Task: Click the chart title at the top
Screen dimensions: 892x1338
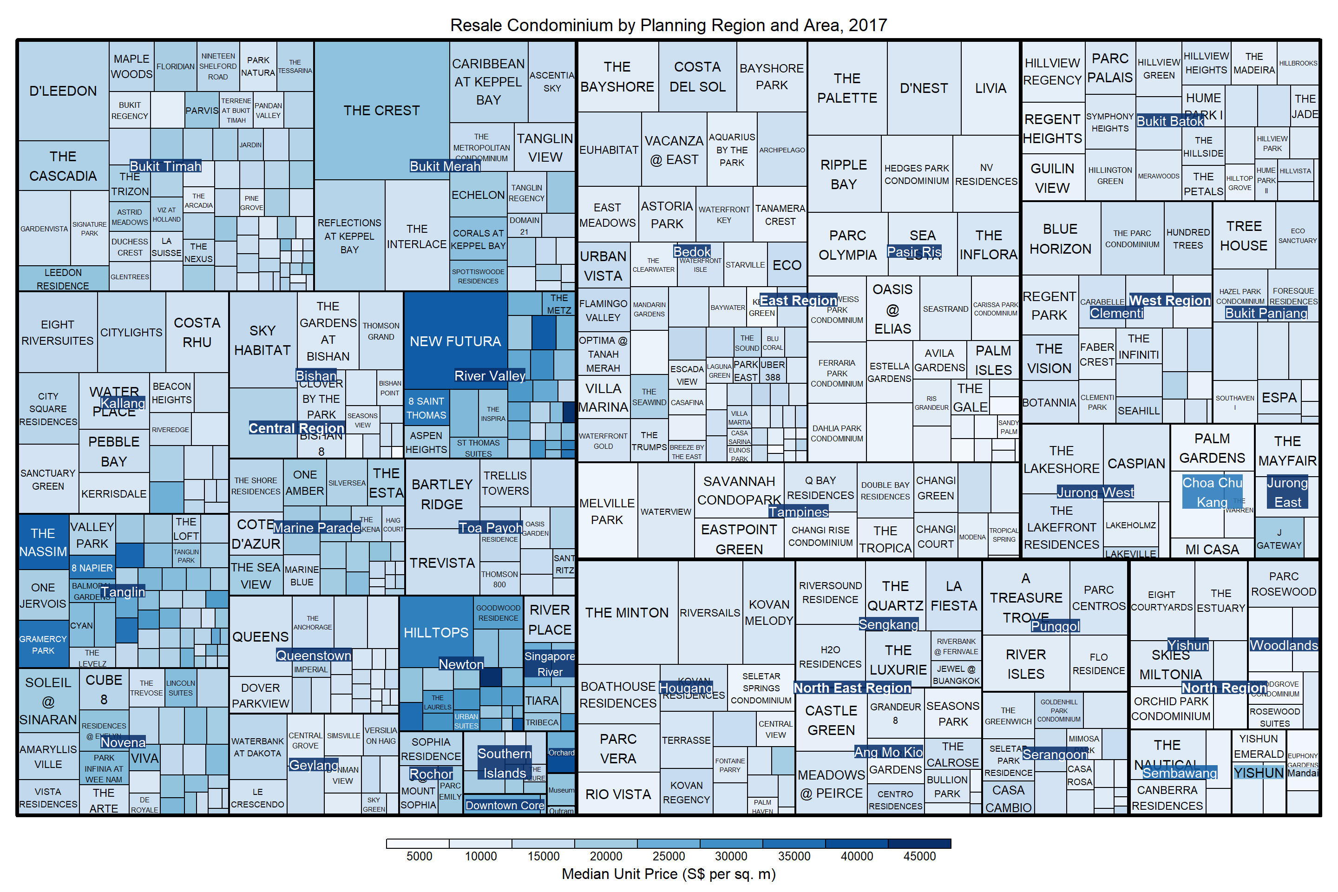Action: pyautogui.click(x=669, y=25)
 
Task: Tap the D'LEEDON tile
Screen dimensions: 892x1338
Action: pyautogui.click(x=63, y=91)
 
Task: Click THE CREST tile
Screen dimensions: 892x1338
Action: pyautogui.click(x=382, y=111)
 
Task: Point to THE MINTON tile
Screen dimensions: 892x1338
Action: pyautogui.click(x=627, y=612)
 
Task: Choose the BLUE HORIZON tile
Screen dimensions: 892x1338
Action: pyautogui.click(x=1060, y=238)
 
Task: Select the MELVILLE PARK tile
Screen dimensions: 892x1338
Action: pyautogui.click(x=607, y=511)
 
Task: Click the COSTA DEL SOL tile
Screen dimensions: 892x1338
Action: pyautogui.click(x=697, y=76)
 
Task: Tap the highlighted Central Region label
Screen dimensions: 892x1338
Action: pyautogui.click(x=296, y=428)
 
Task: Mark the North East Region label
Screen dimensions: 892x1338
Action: pyautogui.click(x=852, y=687)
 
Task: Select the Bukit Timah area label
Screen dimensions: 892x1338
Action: pyautogui.click(x=165, y=166)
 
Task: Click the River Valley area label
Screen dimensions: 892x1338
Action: pyautogui.click(x=490, y=375)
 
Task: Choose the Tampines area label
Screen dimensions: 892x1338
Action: pyautogui.click(x=799, y=512)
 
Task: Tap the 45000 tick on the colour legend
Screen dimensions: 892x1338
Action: pyautogui.click(x=919, y=856)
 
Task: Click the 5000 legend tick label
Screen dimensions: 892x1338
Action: pyautogui.click(x=419, y=856)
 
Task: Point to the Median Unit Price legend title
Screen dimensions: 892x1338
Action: pyautogui.click(x=669, y=874)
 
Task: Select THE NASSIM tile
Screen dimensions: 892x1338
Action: pyautogui.click(x=43, y=542)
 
